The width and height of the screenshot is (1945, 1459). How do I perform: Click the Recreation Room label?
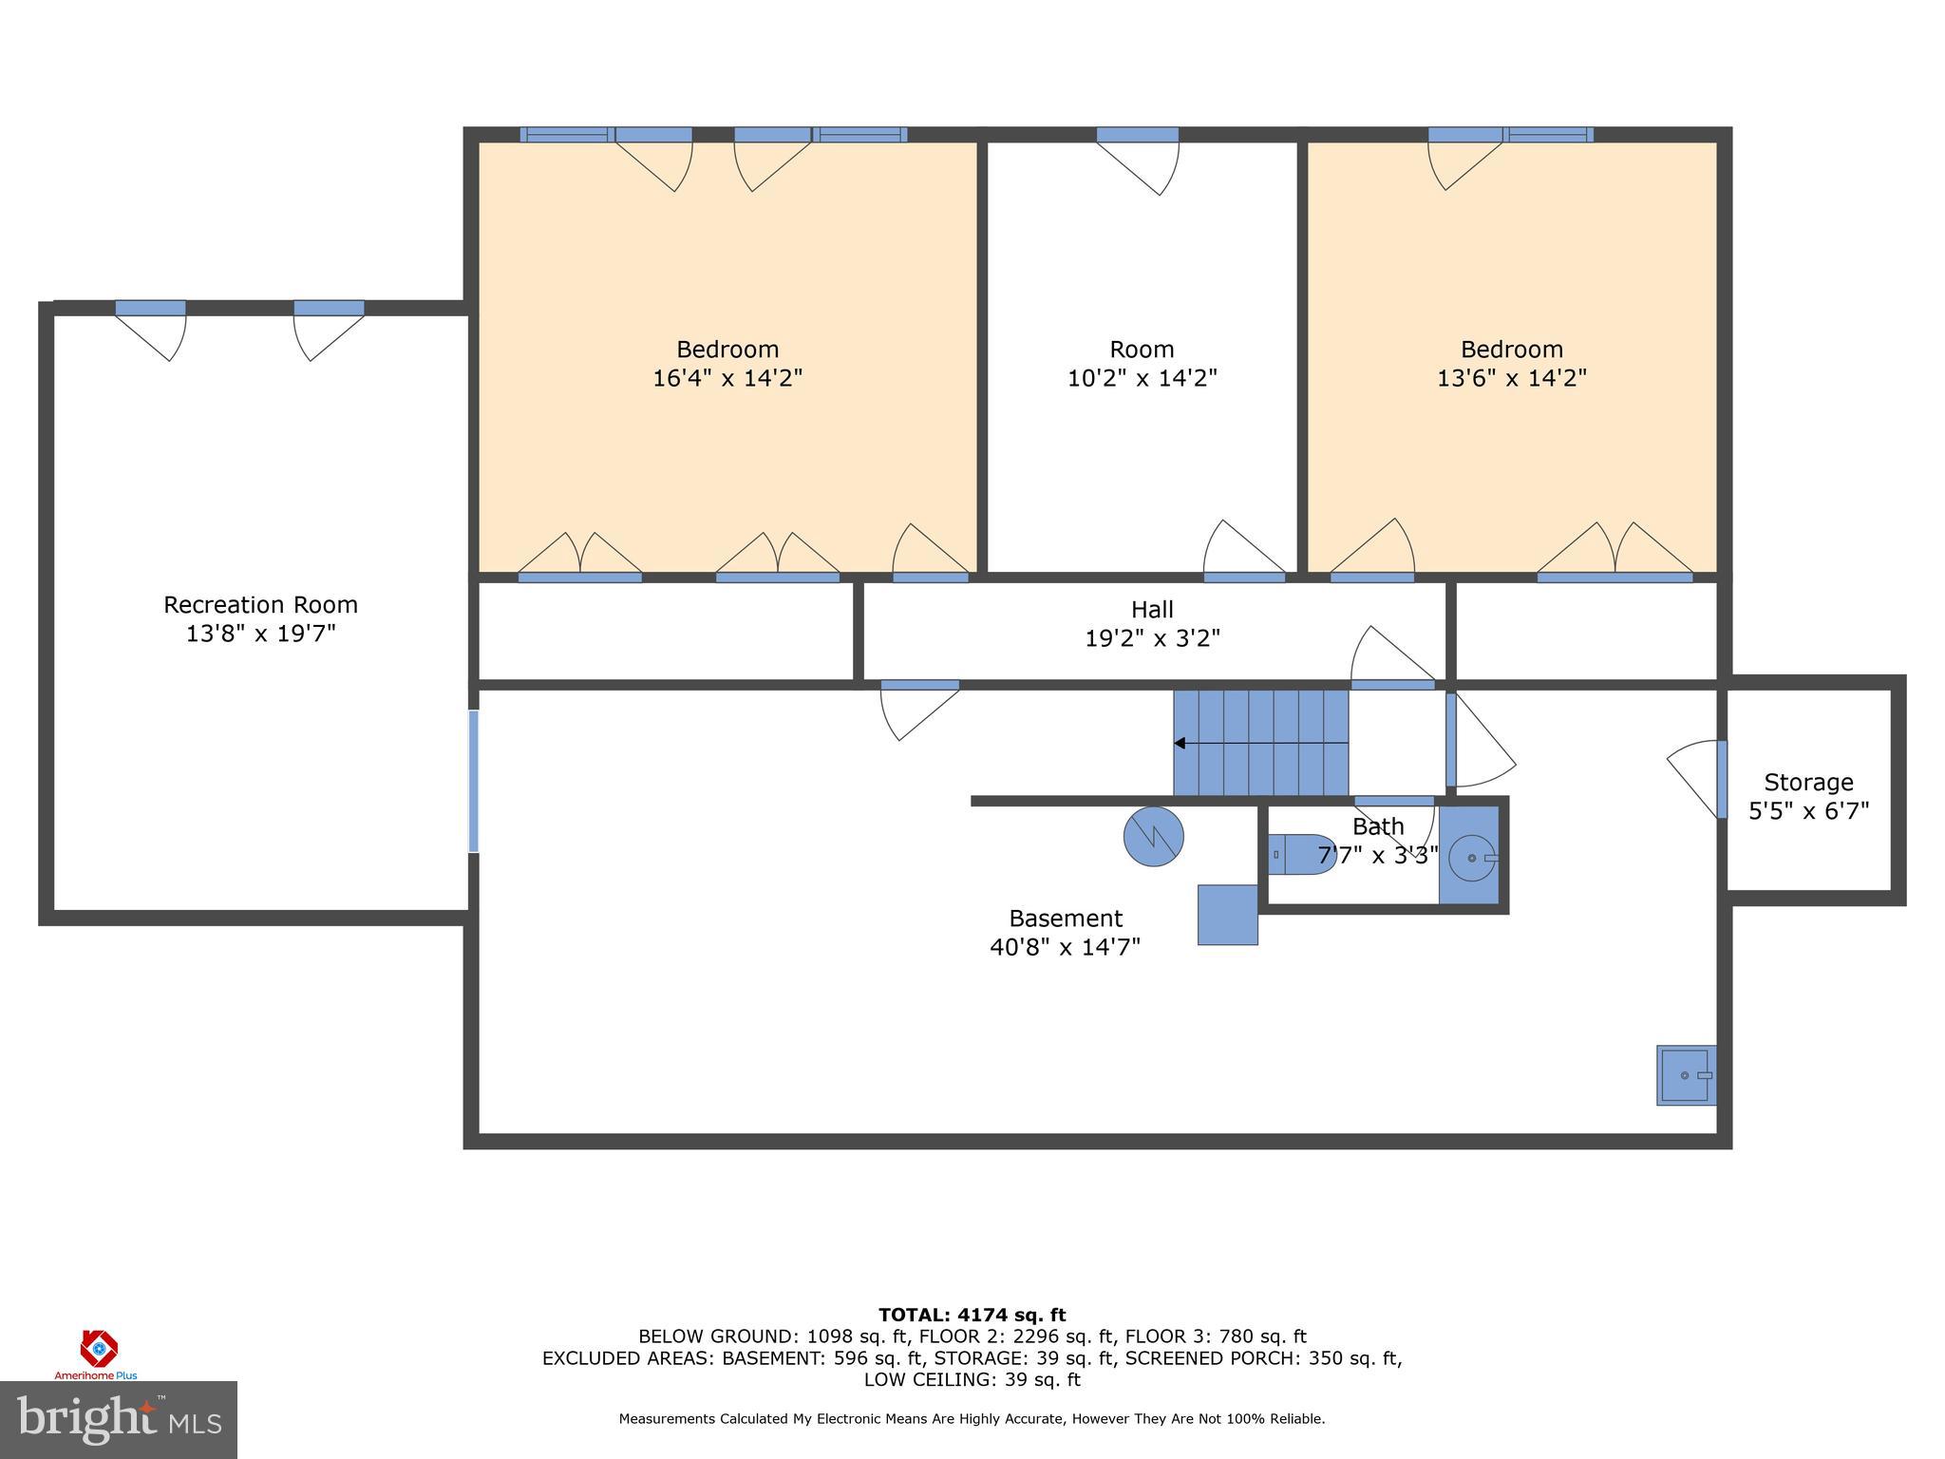[x=260, y=605]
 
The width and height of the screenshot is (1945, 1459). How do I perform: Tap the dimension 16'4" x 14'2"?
[x=727, y=378]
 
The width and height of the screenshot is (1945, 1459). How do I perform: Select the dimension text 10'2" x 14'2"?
[x=1142, y=378]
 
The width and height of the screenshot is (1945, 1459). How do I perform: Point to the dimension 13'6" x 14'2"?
[x=1511, y=378]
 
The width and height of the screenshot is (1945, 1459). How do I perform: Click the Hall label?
[x=1152, y=610]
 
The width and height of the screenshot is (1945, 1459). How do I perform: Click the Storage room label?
[x=1808, y=783]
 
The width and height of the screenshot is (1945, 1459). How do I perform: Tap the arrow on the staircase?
[x=1180, y=743]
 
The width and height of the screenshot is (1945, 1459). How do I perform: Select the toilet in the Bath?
[x=1300, y=854]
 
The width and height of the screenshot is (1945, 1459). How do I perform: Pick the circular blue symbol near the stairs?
[x=1153, y=837]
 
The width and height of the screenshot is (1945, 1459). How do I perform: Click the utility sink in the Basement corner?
[x=1686, y=1075]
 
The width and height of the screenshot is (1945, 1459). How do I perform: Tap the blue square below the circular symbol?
[x=1227, y=915]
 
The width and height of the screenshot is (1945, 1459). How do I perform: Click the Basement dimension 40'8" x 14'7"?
[x=1065, y=947]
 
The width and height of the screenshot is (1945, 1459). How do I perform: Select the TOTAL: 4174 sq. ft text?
[x=972, y=1315]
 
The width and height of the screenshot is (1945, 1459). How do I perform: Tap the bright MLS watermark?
[x=119, y=1419]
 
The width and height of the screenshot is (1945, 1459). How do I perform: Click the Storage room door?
[x=1721, y=779]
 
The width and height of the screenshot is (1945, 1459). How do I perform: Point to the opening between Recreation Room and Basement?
[x=473, y=781]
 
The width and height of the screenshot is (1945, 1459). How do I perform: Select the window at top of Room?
[x=1137, y=135]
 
